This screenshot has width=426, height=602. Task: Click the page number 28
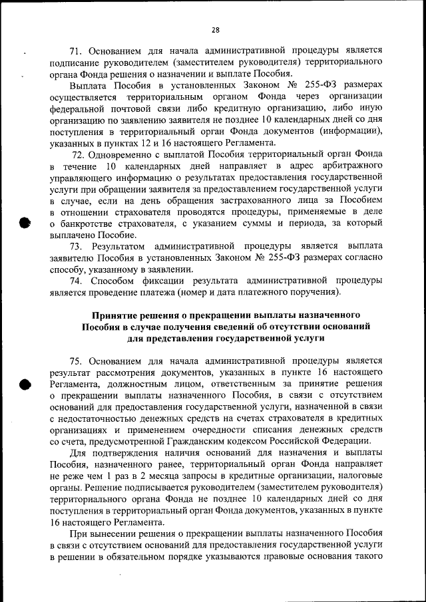pos(215,29)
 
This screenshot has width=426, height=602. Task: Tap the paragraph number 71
pos(75,50)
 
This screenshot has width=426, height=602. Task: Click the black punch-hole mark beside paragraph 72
pos(26,224)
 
